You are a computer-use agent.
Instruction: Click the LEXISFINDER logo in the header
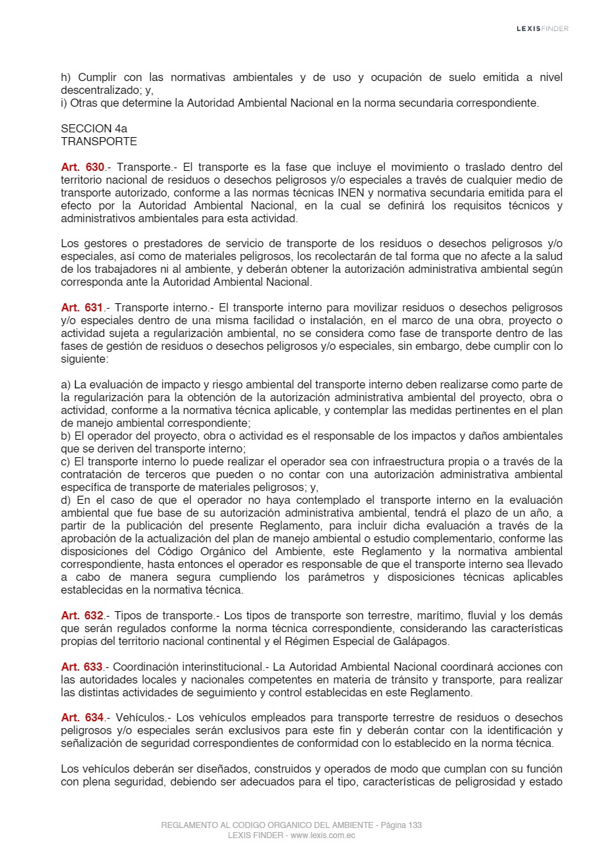point(542,28)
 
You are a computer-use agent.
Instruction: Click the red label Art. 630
point(82,167)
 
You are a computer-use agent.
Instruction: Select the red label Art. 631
point(82,308)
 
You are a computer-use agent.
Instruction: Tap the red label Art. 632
point(82,616)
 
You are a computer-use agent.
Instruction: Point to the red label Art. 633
point(82,667)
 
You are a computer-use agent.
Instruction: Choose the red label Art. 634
point(82,718)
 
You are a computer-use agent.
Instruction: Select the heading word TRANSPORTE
point(99,141)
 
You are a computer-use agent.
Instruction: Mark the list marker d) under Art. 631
point(66,500)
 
